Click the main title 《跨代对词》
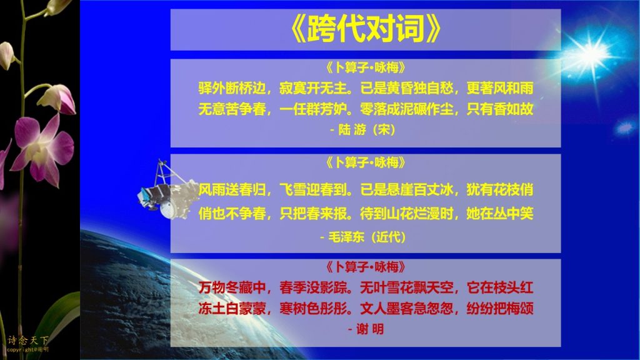(x=366, y=29)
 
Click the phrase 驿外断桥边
(x=232, y=88)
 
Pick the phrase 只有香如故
(x=500, y=109)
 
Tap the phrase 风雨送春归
(x=232, y=190)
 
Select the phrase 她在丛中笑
(x=500, y=213)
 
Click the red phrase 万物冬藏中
(x=232, y=287)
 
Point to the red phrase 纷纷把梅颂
(x=500, y=308)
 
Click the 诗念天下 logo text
(x=27, y=340)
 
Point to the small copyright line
(x=27, y=350)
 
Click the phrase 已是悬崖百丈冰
(x=407, y=190)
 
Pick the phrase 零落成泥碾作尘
(x=407, y=109)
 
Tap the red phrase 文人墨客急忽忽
(x=407, y=308)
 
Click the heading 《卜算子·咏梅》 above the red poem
(x=366, y=267)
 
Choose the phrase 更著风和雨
(x=500, y=88)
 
